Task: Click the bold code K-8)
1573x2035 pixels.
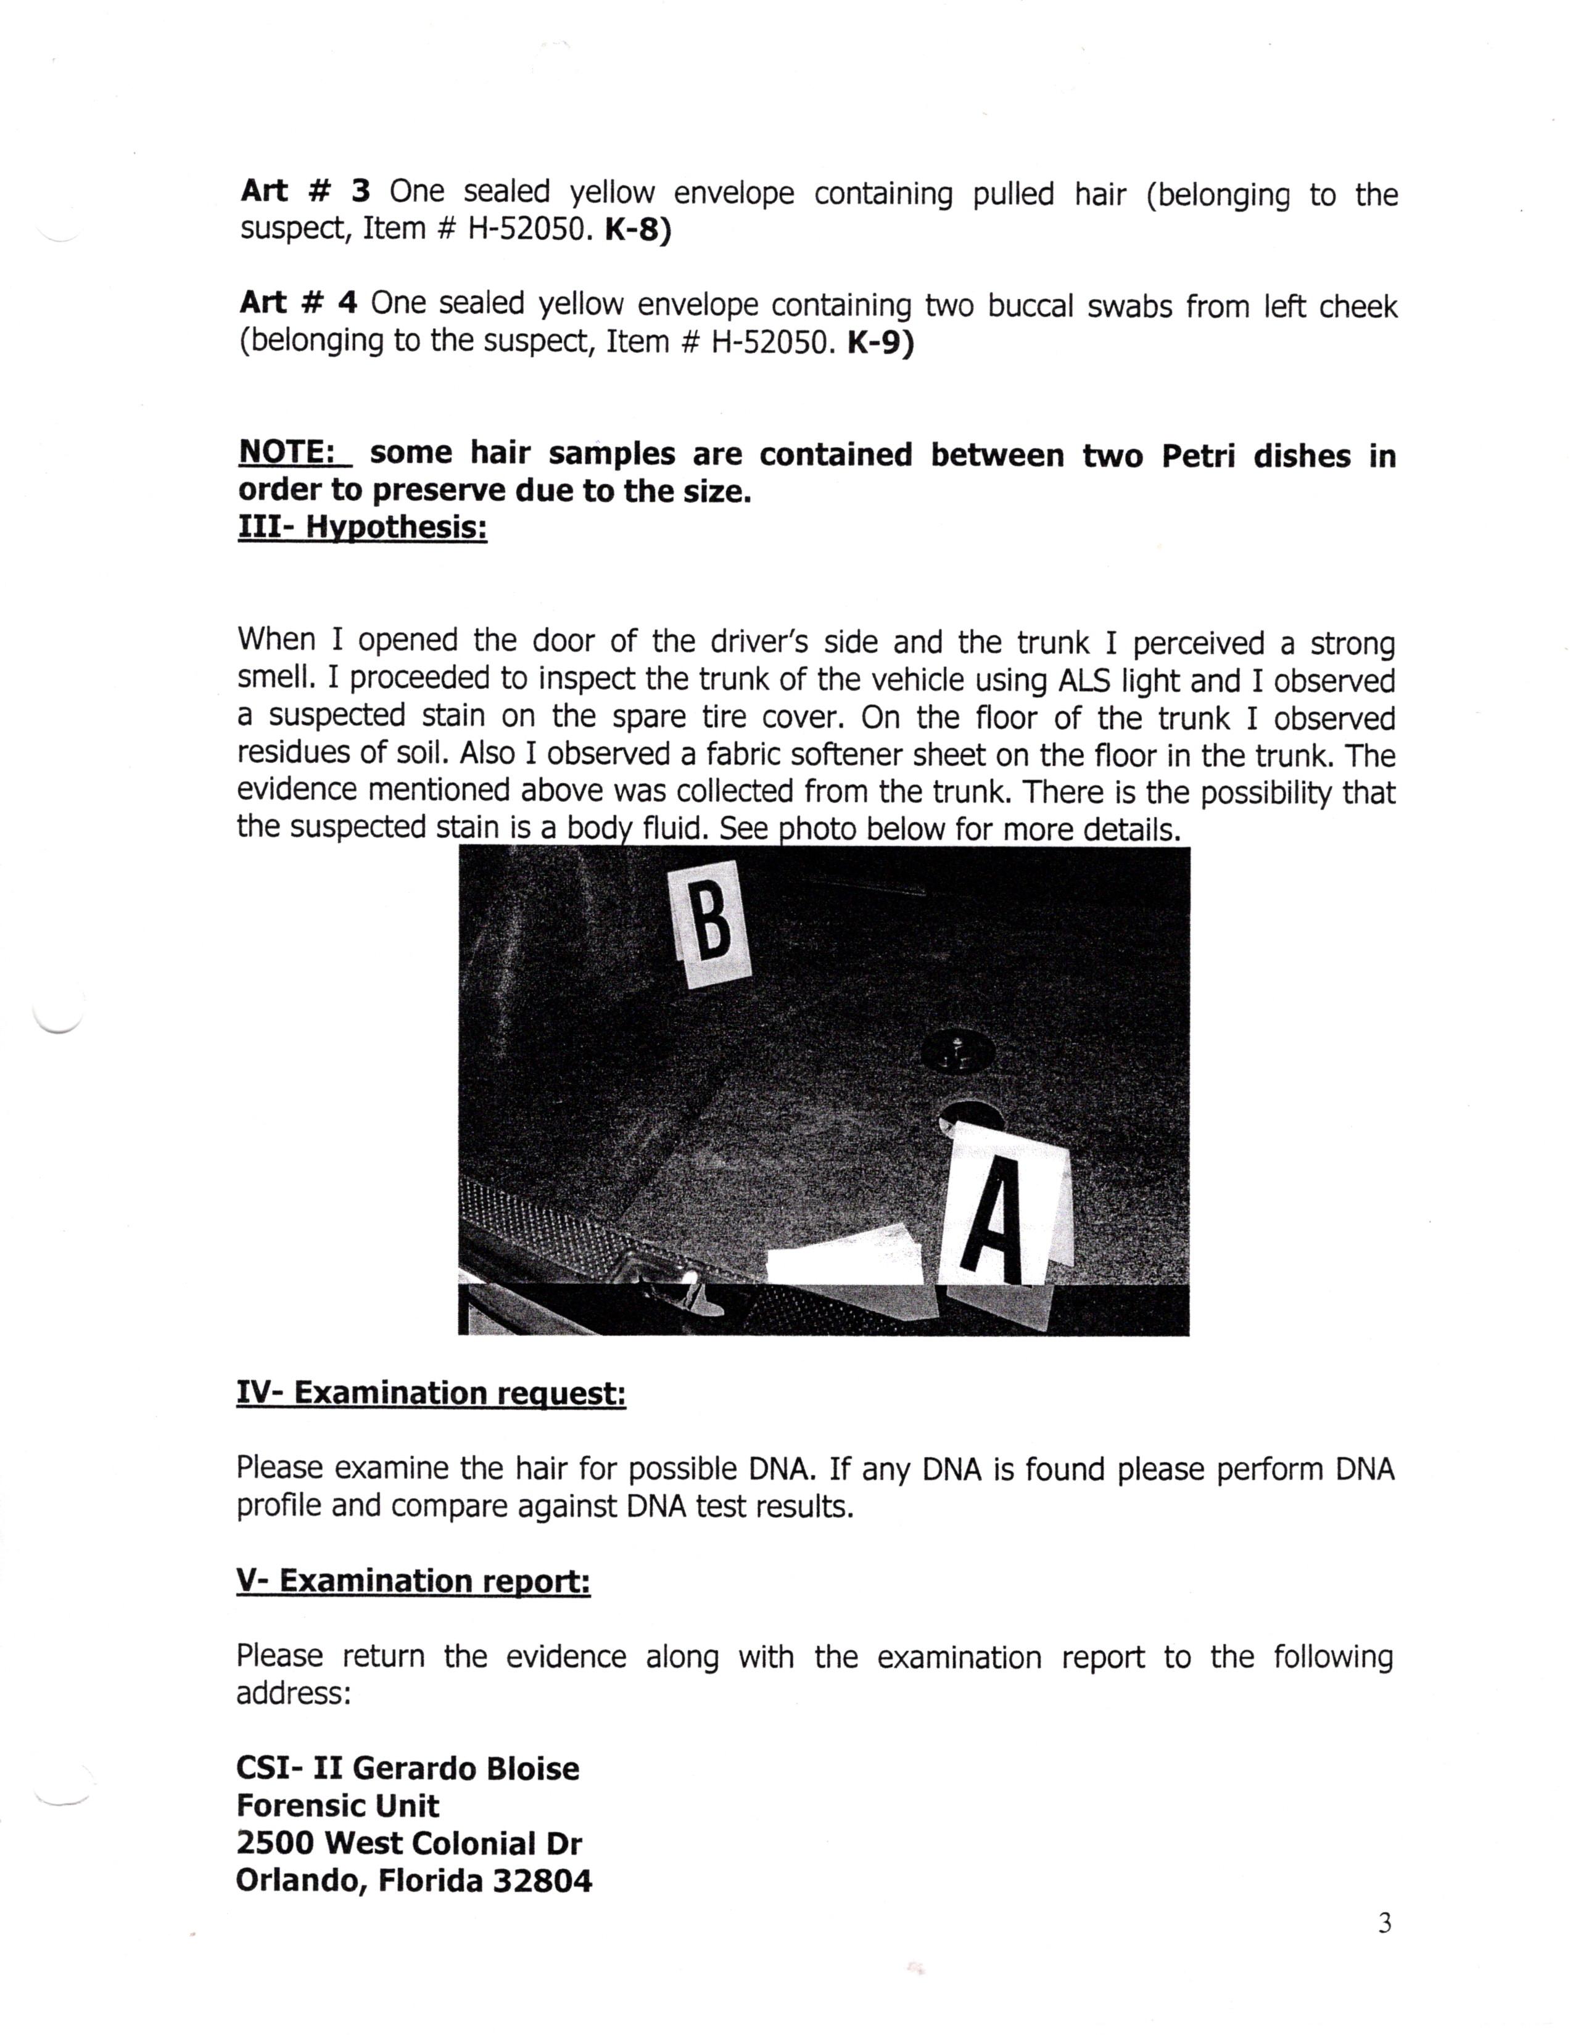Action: coord(637,230)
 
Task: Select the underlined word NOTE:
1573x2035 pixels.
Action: coord(294,452)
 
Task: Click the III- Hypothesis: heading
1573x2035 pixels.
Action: coord(363,527)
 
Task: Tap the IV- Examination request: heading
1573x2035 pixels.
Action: coord(431,1393)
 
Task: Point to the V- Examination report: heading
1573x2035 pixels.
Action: coord(413,1581)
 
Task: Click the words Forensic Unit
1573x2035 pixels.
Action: coord(337,1806)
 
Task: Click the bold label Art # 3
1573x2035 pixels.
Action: coord(305,191)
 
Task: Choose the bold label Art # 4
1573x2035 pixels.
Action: coord(298,303)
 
